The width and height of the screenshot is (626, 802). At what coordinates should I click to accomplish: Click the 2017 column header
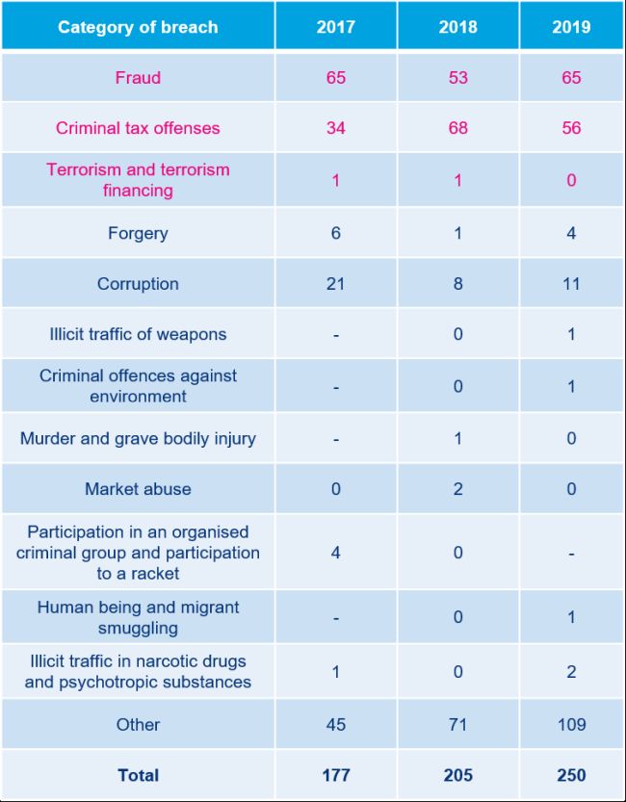click(x=335, y=26)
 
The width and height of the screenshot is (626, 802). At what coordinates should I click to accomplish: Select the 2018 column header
click(x=457, y=26)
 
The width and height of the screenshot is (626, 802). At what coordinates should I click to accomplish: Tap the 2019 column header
click(x=571, y=26)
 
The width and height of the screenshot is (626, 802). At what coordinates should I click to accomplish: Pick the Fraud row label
click(x=138, y=77)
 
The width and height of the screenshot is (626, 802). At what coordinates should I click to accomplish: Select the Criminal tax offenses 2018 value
click(x=457, y=128)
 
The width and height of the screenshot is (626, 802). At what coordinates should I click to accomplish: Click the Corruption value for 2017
click(x=335, y=284)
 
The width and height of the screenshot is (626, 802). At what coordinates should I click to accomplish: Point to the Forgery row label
click(x=138, y=233)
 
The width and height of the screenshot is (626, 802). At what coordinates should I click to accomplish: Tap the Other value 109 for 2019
click(x=571, y=724)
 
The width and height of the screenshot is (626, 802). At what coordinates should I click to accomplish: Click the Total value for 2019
click(x=571, y=775)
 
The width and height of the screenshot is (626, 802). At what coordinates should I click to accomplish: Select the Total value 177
click(x=335, y=775)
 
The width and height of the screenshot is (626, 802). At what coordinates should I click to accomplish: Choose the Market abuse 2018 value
click(x=457, y=489)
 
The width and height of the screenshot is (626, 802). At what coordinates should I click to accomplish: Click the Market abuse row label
click(x=138, y=489)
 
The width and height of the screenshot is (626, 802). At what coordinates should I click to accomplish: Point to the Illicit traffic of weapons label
click(x=138, y=335)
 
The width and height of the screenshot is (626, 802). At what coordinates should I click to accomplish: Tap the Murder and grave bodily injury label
click(x=138, y=439)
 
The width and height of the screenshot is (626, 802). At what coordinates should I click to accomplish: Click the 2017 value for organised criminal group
click(x=335, y=553)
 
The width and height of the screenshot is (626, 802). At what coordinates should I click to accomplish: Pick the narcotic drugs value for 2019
click(x=571, y=672)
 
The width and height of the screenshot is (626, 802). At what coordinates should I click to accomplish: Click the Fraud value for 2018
click(x=457, y=77)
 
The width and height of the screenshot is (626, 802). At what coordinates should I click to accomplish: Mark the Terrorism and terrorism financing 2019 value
click(x=571, y=180)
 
